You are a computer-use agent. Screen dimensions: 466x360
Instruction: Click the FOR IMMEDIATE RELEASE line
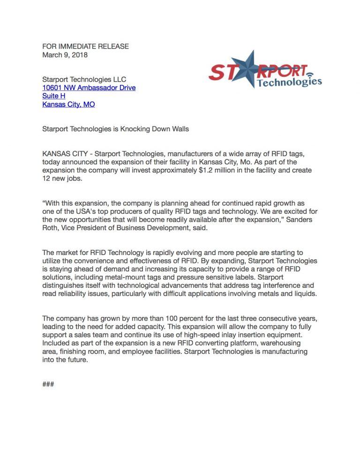click(85, 46)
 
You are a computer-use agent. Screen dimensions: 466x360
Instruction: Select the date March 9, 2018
click(65, 55)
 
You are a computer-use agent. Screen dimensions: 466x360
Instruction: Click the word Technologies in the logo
click(289, 83)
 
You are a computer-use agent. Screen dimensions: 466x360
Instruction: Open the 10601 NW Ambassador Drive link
click(89, 88)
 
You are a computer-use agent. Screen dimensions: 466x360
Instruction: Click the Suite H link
click(53, 96)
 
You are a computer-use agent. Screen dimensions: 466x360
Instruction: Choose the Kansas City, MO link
click(68, 105)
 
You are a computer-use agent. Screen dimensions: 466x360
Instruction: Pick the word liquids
click(305, 294)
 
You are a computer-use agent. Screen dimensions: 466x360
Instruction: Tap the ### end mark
click(48, 384)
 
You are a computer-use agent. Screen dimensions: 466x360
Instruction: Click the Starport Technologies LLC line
click(84, 79)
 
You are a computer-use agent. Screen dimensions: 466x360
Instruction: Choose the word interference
click(267, 286)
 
